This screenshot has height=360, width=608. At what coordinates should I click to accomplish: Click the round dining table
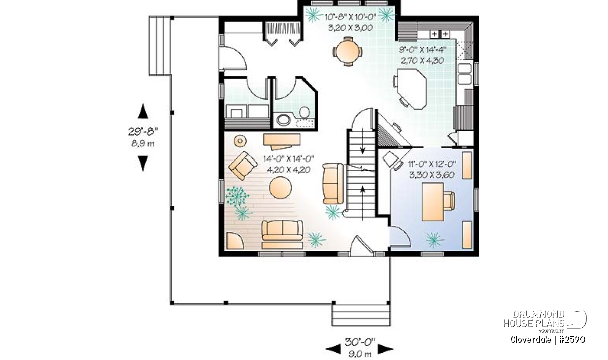(x=348, y=51)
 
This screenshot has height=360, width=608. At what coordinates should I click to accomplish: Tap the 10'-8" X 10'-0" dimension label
(x=351, y=17)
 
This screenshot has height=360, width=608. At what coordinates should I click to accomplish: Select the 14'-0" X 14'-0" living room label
(x=288, y=158)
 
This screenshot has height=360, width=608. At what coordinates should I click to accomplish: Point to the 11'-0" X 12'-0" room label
(x=432, y=164)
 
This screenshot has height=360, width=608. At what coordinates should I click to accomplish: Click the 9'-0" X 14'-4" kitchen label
(x=423, y=50)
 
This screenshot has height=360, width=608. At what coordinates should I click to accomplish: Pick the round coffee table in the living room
(x=280, y=187)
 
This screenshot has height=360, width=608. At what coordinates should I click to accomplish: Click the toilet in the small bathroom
(x=305, y=112)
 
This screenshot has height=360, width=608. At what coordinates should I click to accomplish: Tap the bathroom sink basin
(x=284, y=120)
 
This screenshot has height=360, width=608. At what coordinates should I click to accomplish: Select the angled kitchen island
(x=412, y=89)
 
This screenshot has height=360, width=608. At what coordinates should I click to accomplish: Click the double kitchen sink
(x=465, y=73)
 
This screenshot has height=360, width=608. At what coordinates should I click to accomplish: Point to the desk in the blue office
(x=433, y=202)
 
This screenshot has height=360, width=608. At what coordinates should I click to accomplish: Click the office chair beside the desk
(x=449, y=201)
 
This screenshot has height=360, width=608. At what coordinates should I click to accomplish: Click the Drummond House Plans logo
(x=545, y=320)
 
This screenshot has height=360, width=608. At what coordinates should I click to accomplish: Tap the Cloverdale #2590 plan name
(x=548, y=340)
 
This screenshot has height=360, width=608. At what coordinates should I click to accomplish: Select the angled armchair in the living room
(x=243, y=166)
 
